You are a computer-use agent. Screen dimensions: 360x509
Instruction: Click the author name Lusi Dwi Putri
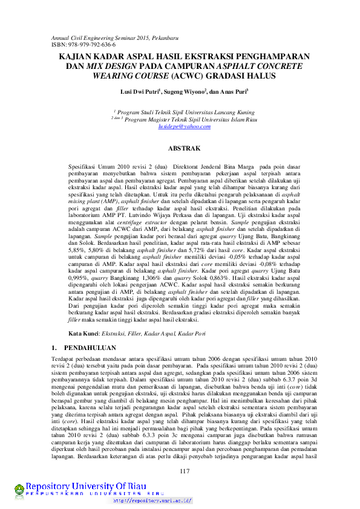coord(139,92)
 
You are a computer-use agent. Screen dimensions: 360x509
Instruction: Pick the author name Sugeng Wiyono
coord(186,92)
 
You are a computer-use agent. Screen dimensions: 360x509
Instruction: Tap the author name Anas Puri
coord(234,92)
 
